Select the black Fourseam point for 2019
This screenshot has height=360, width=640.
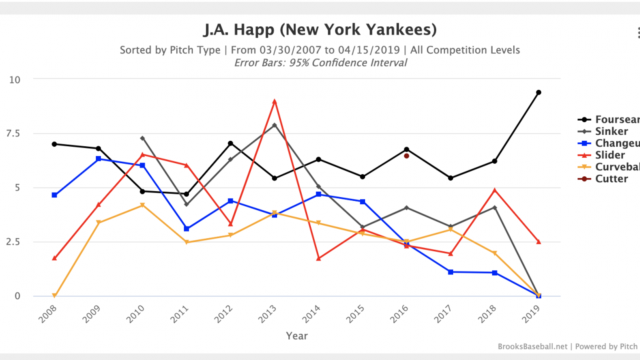point(538,92)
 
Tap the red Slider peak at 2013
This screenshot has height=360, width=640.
point(274,102)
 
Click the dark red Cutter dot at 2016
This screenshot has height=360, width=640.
point(406,156)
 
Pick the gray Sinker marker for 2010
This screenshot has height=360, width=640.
point(142,138)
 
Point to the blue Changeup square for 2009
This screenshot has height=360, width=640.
point(98,159)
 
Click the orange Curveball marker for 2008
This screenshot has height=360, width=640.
point(54,295)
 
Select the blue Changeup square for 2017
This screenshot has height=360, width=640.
point(450,272)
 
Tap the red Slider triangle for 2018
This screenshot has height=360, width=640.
point(495,190)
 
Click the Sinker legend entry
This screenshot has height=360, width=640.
point(611,131)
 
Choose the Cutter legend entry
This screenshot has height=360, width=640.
point(611,179)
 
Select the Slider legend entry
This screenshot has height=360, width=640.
point(610,155)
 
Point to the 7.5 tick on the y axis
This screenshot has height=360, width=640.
point(13,134)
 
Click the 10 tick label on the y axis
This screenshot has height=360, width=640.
point(15,80)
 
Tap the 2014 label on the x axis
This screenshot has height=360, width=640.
point(311,314)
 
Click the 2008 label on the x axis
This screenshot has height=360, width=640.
point(47,314)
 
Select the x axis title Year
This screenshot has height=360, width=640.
point(297,336)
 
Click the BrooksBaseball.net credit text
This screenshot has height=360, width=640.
point(532,347)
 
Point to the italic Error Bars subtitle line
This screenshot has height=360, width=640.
point(320,63)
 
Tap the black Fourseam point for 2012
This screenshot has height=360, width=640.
point(230,143)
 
